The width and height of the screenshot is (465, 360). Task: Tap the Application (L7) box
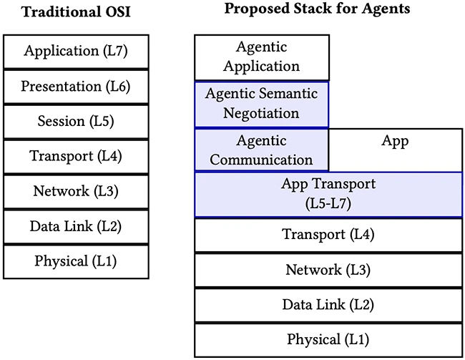(76, 51)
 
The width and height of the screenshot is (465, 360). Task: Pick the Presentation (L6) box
(76, 86)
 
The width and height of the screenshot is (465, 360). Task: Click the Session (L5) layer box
(76, 121)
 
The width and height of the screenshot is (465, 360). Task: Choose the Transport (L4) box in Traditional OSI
(76, 156)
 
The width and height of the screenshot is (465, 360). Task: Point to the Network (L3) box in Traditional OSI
(76, 191)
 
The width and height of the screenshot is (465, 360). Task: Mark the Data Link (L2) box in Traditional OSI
(76, 226)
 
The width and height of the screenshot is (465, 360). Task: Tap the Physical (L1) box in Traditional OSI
(76, 261)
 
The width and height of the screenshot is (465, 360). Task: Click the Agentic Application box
(261, 57)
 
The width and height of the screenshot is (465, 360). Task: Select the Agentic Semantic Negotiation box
(261, 104)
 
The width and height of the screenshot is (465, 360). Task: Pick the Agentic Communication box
(261, 150)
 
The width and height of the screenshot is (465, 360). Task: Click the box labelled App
(395, 150)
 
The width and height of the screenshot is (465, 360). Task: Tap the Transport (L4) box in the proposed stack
(328, 235)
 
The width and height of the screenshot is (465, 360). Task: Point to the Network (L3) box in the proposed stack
(328, 270)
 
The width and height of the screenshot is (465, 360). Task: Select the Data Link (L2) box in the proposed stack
(328, 304)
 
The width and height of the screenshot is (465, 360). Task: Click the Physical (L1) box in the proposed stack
(328, 339)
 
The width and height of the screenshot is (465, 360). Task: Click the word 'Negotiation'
(261, 113)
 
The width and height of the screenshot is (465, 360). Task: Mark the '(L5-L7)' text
(328, 204)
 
